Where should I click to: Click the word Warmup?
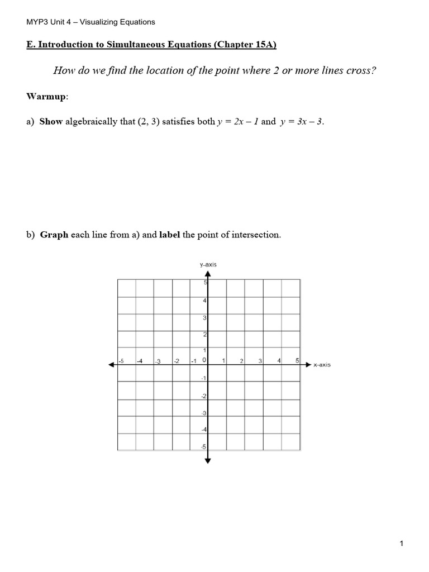coord(46,97)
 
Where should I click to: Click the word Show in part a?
coord(51,122)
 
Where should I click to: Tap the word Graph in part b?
coord(54,235)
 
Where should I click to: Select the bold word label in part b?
coord(170,235)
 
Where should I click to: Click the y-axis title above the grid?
coord(208,265)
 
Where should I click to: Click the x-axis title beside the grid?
coord(322,365)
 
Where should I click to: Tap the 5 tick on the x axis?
coord(297,360)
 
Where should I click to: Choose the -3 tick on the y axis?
coord(204,413)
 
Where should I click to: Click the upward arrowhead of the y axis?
coord(208,274)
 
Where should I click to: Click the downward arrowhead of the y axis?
coord(208,460)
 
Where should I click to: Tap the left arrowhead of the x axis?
coord(111,365)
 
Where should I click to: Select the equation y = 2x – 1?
coord(237,122)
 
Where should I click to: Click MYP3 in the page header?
coord(37,22)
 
